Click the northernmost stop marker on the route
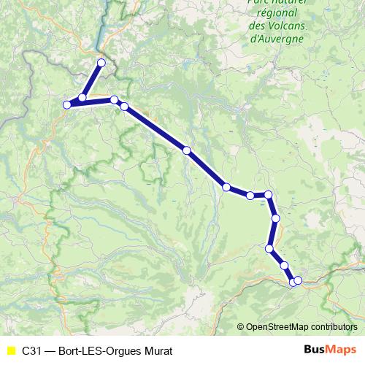tap(101, 63)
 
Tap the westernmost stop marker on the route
tap(67, 105)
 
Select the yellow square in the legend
tap(10, 350)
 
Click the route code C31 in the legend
tap(31, 350)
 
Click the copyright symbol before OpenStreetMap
tap(241, 327)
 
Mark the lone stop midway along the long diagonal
tap(187, 150)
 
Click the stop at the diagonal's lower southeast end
tap(226, 187)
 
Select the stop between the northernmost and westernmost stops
tap(82, 98)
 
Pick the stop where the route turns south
tap(269, 194)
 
